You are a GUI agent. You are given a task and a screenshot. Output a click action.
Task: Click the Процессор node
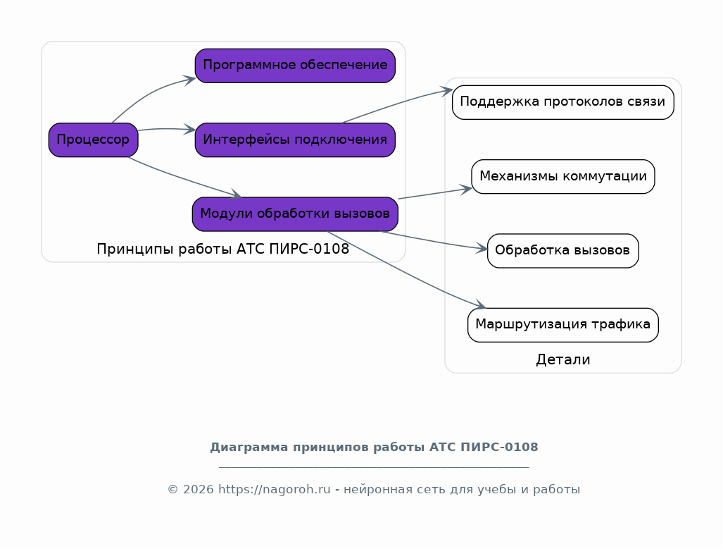click(x=93, y=140)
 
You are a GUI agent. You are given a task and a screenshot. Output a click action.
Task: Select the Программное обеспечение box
click(x=295, y=66)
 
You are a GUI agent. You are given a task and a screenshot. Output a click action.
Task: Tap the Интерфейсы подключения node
click(x=295, y=140)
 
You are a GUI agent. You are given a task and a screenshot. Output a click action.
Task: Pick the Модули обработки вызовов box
click(x=295, y=214)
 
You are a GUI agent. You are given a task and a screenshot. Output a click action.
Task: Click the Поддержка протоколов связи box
click(x=562, y=102)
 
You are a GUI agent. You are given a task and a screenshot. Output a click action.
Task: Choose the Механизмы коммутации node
click(x=562, y=176)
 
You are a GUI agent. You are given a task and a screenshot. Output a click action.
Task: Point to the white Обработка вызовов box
click(x=562, y=250)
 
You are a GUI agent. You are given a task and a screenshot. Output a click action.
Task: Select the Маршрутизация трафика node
click(x=562, y=325)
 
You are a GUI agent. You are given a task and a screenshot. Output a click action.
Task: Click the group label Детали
click(x=562, y=359)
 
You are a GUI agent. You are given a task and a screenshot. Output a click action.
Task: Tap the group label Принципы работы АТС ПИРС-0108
click(x=222, y=249)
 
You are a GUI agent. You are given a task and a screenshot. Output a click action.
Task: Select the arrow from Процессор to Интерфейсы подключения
click(x=165, y=129)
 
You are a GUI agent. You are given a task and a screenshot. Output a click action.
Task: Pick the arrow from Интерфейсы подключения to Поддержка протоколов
click(x=394, y=106)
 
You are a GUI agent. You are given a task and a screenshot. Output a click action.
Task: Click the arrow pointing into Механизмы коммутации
click(x=433, y=194)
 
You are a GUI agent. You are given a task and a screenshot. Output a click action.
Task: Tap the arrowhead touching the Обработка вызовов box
click(x=482, y=248)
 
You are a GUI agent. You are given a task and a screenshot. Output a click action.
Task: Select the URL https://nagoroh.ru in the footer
click(x=275, y=489)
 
